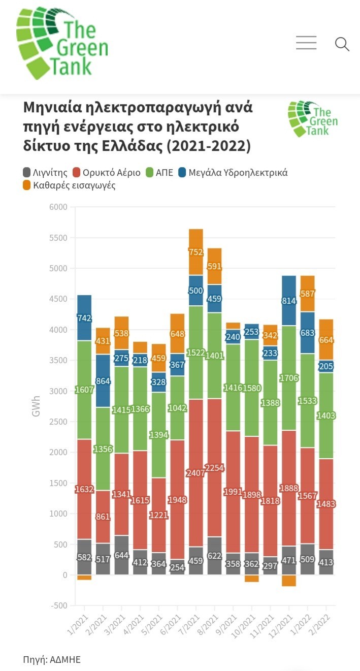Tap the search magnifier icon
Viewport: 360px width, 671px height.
tap(342, 44)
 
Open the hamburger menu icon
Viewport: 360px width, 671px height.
tap(306, 43)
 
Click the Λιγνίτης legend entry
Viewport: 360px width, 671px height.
tap(45, 173)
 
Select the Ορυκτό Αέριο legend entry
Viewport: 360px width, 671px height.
tap(107, 173)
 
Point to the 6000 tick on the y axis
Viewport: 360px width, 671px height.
tap(58, 207)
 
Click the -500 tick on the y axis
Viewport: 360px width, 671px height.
tap(58, 605)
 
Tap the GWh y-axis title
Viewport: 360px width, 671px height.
tap(36, 406)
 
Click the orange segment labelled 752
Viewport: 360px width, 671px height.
tap(196, 252)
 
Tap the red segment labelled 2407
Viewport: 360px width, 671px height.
tap(196, 473)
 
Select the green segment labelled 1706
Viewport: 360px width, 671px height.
tap(289, 378)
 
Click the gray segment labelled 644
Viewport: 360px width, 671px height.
tap(121, 555)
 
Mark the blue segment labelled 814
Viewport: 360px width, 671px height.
tap(289, 300)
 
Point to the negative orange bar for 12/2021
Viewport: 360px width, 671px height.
tap(289, 581)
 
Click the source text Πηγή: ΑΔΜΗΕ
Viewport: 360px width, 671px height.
tap(52, 660)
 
